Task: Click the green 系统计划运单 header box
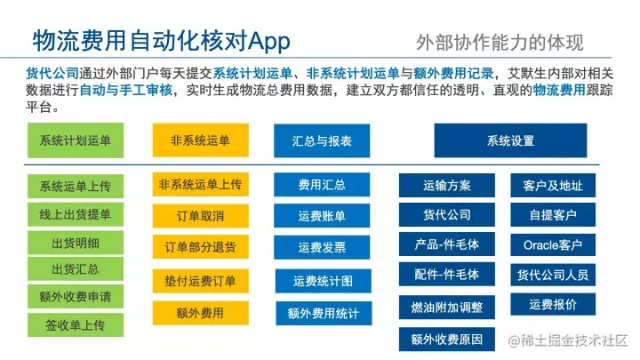coord(75,140)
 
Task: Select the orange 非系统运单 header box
coord(199,140)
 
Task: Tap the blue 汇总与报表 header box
coord(321,140)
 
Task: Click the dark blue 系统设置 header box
coord(510,140)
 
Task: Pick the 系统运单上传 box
coord(75,187)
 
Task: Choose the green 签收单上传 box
coord(75,324)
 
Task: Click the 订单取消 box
coord(199,215)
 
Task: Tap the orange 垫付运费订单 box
coord(199,281)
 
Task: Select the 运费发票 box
coord(322,247)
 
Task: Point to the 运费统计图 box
coord(322,281)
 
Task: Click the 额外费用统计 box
coord(322,313)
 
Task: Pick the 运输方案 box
coord(447,186)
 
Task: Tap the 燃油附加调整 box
coord(447,308)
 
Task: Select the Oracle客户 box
coord(552,245)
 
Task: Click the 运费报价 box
coord(552,304)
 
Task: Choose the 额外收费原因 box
coord(447,339)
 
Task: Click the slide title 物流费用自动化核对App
coord(161,39)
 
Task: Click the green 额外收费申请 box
coord(75,297)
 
